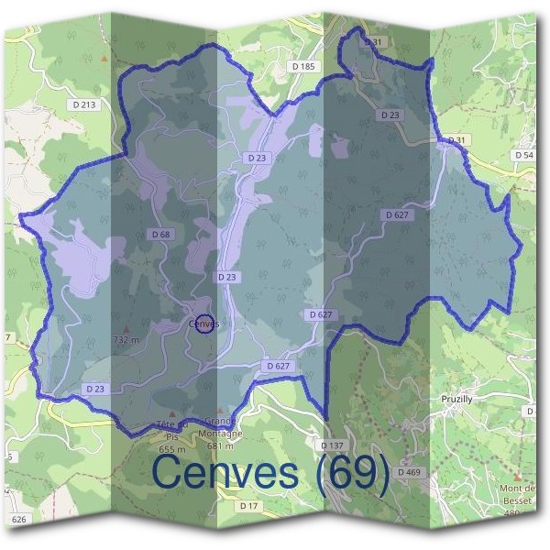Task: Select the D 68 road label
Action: (160, 236)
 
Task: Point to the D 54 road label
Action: (524, 156)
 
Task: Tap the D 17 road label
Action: (249, 506)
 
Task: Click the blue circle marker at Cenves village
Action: (205, 323)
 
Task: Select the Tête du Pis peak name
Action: (172, 430)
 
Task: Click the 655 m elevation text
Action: (172, 449)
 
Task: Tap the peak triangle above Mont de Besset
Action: (519, 478)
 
